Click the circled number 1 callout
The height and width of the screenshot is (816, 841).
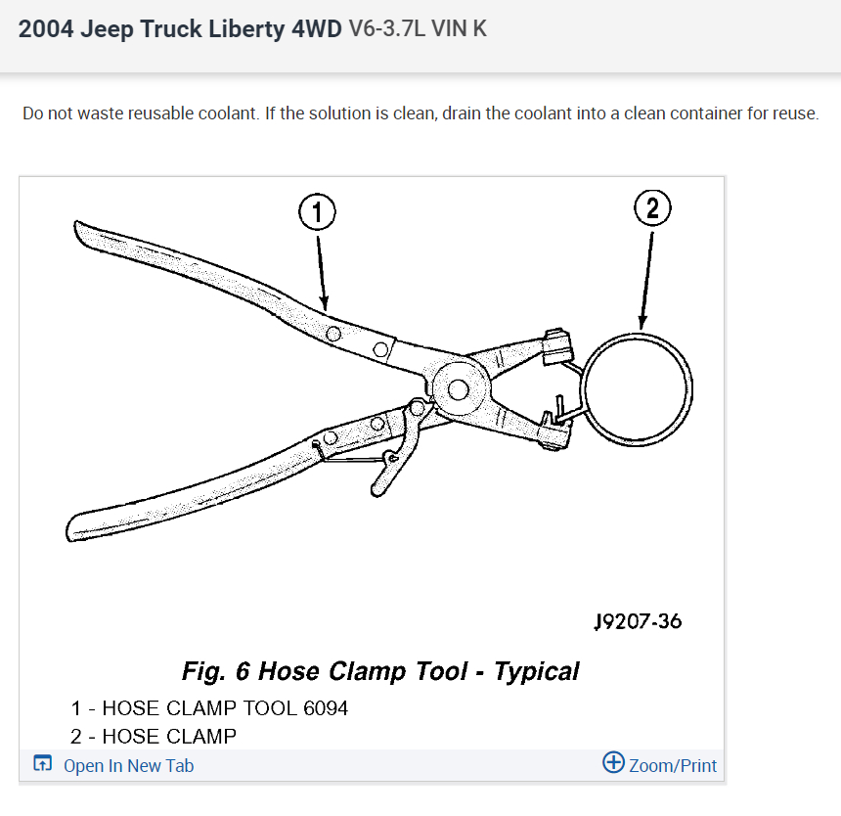(x=317, y=211)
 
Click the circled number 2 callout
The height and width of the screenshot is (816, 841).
(x=652, y=208)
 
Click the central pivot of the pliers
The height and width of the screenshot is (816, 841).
(x=453, y=387)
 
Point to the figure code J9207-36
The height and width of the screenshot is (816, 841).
(x=638, y=621)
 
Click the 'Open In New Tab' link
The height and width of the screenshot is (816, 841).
(x=128, y=765)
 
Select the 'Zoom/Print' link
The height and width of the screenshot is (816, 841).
(x=673, y=765)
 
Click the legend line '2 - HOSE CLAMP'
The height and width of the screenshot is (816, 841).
(x=154, y=736)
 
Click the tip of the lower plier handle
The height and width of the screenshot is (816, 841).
(x=73, y=520)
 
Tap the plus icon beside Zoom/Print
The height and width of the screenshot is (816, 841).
(x=613, y=763)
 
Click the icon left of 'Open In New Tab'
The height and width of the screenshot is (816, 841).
(x=42, y=764)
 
